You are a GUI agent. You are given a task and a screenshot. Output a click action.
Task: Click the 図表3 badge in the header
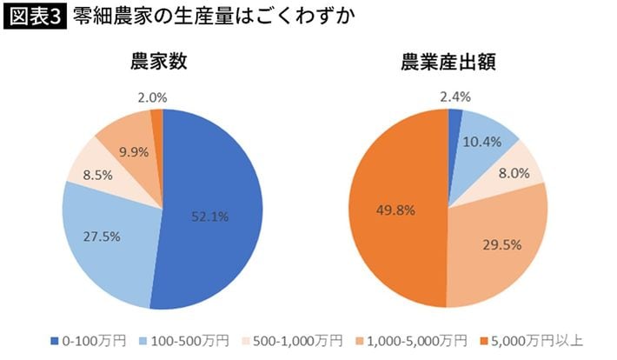coord(34,17)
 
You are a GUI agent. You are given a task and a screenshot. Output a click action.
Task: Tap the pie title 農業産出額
coord(448,63)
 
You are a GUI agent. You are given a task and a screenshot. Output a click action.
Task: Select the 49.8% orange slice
coord(391,209)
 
